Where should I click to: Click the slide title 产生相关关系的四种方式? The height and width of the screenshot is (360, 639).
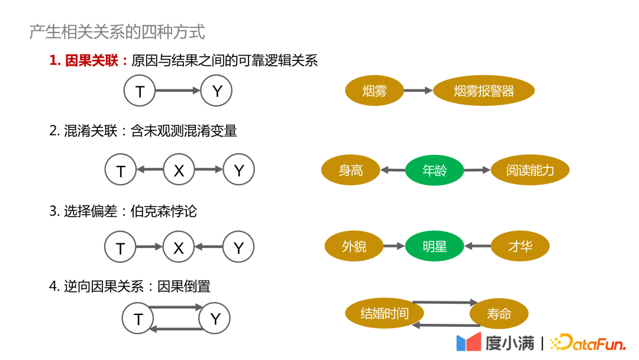pyautogui.click(x=117, y=31)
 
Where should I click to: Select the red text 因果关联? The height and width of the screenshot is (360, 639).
pyautogui.click(x=92, y=60)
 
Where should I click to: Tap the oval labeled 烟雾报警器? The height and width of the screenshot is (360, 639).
pyautogui.click(x=483, y=91)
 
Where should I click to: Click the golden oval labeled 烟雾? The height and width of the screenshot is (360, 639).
pyautogui.click(x=374, y=91)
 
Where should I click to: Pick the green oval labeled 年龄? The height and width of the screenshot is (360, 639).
pyautogui.click(x=434, y=171)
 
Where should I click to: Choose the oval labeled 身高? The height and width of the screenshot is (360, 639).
pyautogui.click(x=350, y=171)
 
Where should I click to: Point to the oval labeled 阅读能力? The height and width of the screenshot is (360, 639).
pyautogui.click(x=530, y=171)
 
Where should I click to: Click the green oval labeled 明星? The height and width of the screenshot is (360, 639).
pyautogui.click(x=434, y=246)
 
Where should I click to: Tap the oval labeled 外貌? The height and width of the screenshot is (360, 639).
pyautogui.click(x=354, y=246)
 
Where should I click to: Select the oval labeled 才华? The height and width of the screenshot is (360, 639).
pyautogui.click(x=520, y=246)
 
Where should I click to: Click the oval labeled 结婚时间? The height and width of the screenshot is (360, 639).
pyautogui.click(x=385, y=313)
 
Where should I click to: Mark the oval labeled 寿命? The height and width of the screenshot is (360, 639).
pyautogui.click(x=499, y=314)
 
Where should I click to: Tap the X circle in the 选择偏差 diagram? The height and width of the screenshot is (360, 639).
pyautogui.click(x=179, y=247)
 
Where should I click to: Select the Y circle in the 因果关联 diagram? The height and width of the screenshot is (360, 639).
pyautogui.click(x=217, y=91)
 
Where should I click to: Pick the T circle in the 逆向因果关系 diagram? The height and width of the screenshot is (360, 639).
pyautogui.click(x=138, y=319)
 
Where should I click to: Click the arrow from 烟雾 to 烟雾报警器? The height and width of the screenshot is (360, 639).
pyautogui.click(x=418, y=91)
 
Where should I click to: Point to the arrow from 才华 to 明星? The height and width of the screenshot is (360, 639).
pyautogui.click(x=477, y=246)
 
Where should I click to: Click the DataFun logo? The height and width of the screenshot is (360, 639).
pyautogui.click(x=588, y=343)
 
